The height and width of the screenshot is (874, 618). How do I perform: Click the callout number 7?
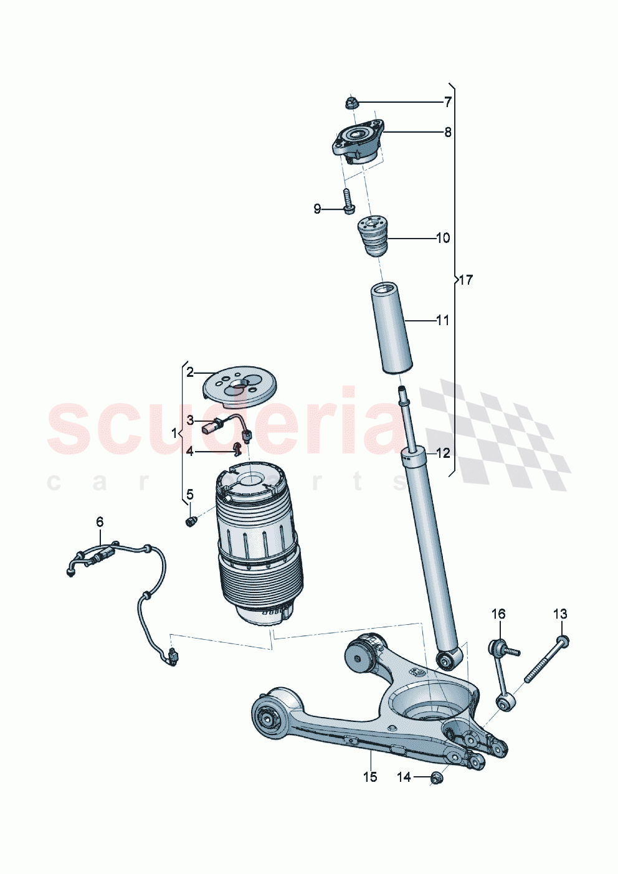(447, 102)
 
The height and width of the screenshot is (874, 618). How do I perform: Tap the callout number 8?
(447, 132)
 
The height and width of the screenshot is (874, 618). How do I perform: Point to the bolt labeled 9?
(347, 201)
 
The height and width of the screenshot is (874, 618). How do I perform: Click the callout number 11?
(442, 321)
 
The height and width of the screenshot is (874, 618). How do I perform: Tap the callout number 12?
(442, 453)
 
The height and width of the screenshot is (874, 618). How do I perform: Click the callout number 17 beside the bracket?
(465, 280)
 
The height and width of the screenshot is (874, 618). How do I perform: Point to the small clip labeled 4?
(237, 447)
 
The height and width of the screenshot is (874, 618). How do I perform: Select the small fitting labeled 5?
(191, 520)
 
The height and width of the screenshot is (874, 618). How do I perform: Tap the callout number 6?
(100, 521)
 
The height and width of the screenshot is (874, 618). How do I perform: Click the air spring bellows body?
(259, 548)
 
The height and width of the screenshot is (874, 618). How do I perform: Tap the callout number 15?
(370, 777)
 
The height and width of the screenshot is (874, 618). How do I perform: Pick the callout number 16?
(498, 614)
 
